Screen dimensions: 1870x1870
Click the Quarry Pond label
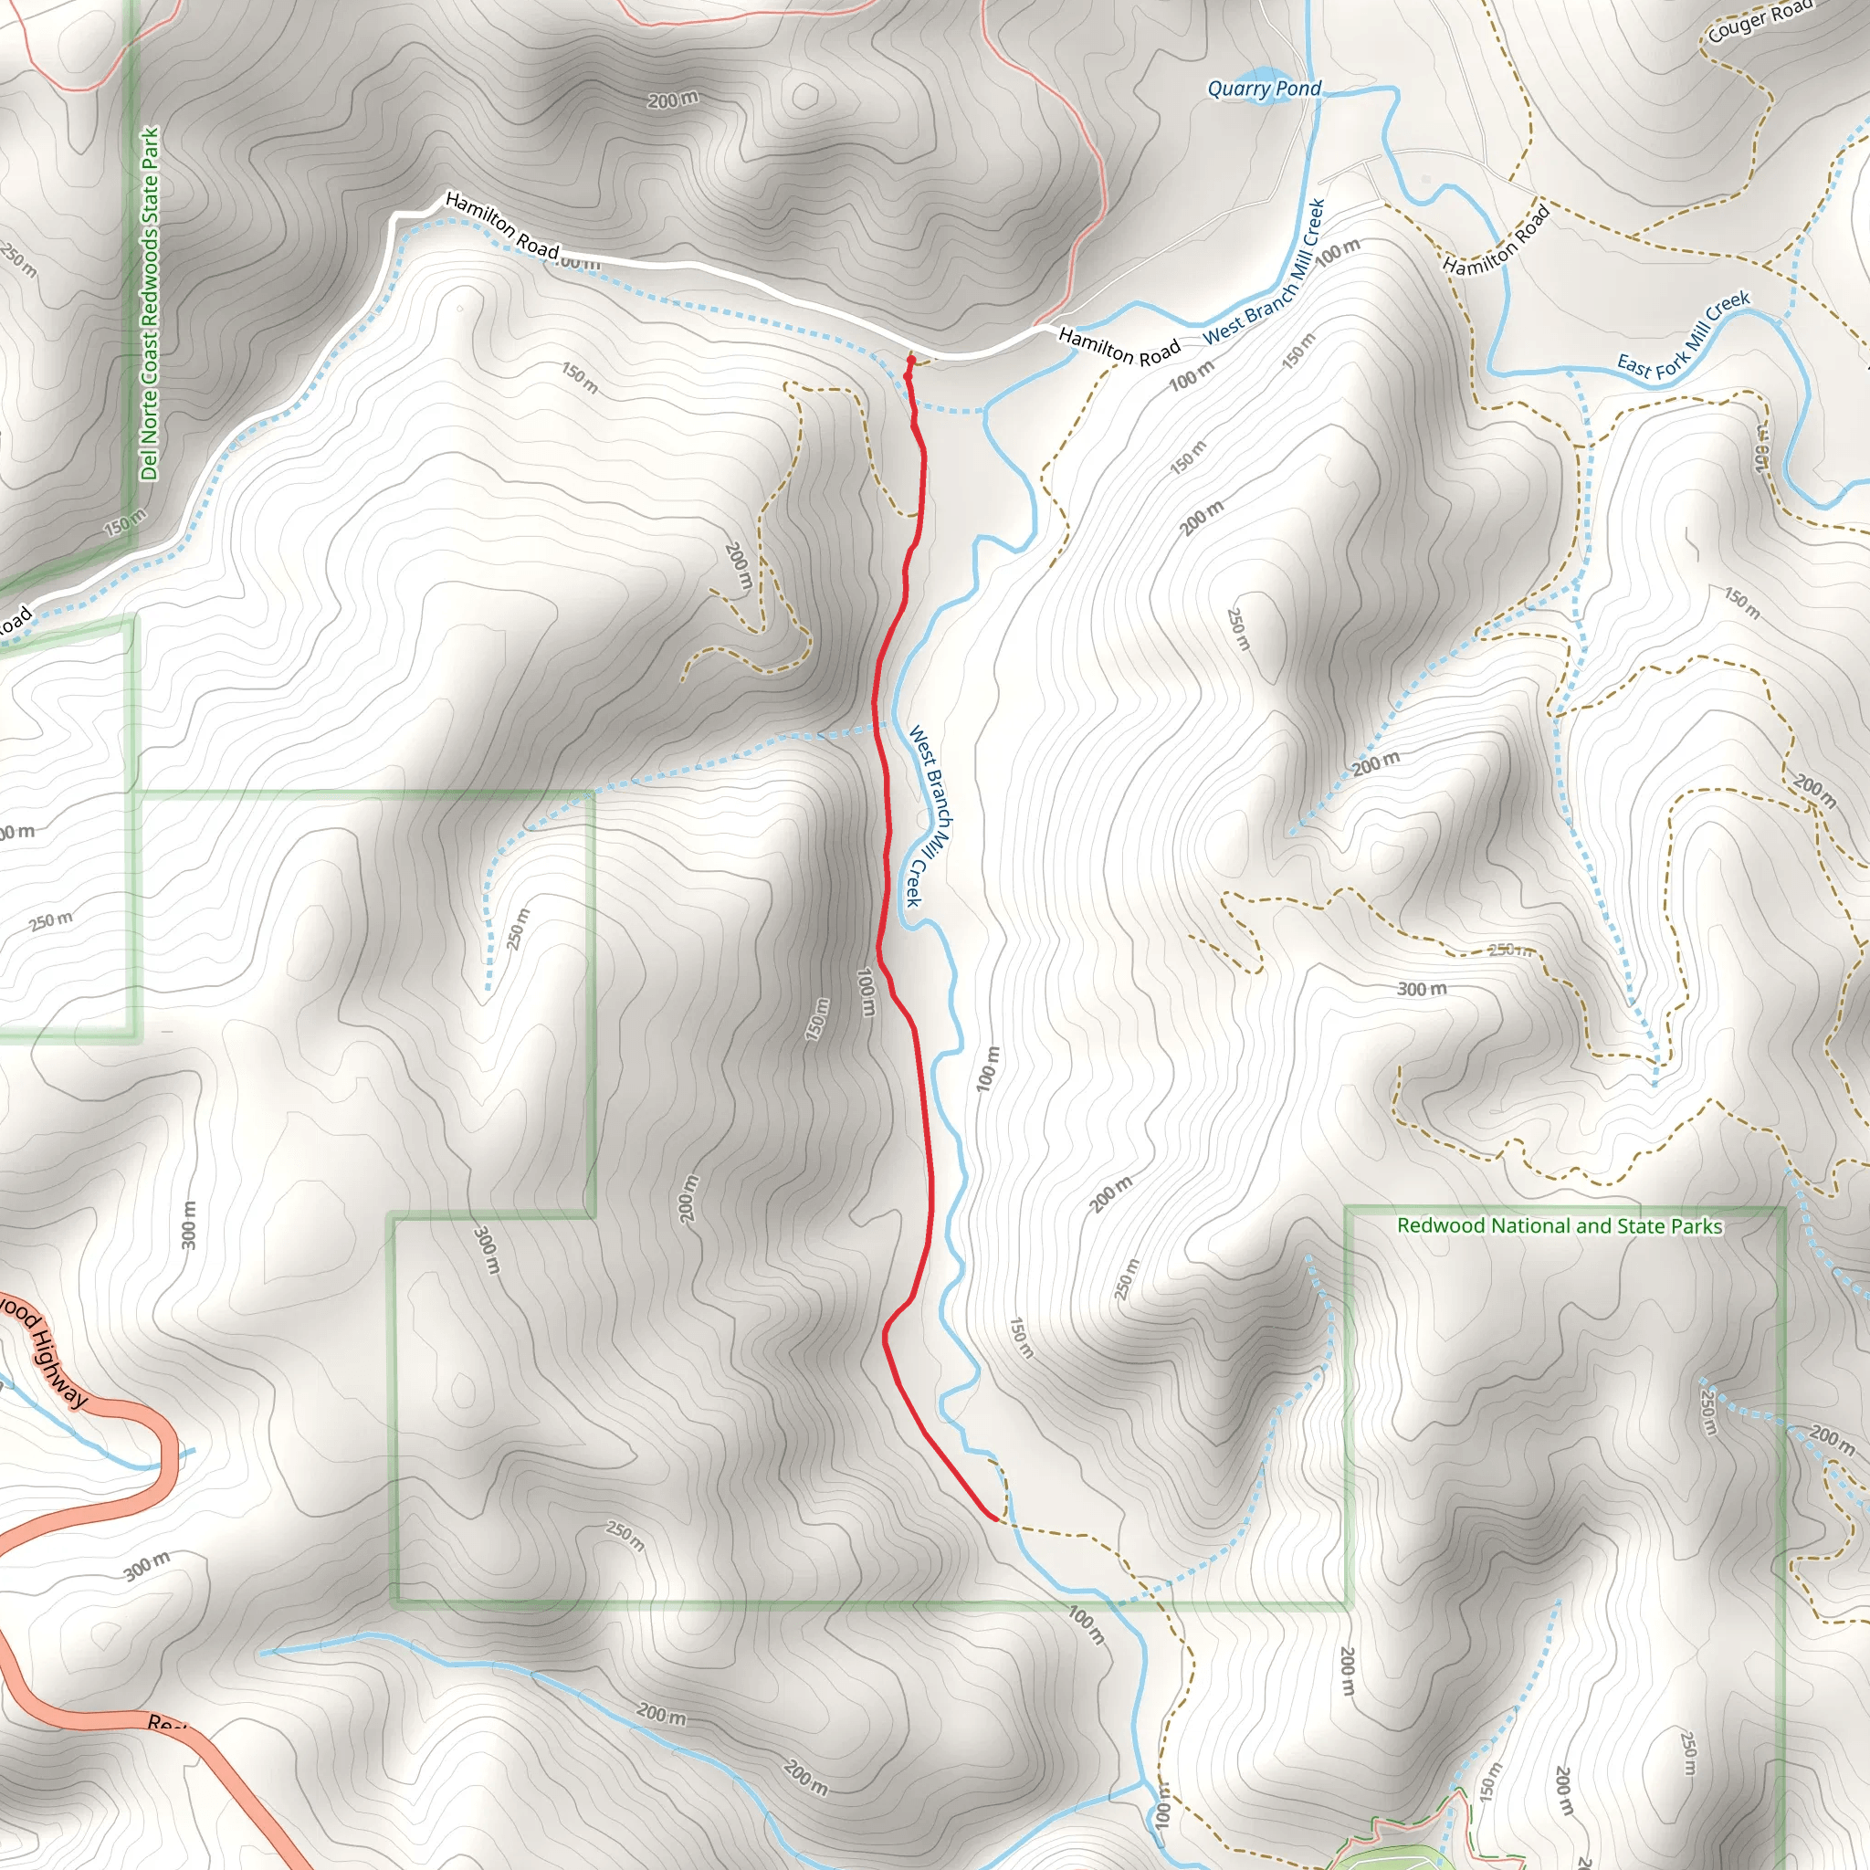point(1263,89)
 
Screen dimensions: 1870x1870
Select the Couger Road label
point(1759,21)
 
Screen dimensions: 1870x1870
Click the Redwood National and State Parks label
point(1560,1226)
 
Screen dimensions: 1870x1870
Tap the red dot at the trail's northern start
point(910,360)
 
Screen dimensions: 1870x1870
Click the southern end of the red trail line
point(995,1518)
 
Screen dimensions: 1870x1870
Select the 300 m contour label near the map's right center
point(1421,989)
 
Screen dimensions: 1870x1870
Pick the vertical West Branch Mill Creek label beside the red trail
point(930,816)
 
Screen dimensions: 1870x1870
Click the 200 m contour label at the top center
point(672,100)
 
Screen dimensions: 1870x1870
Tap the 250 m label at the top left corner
point(19,259)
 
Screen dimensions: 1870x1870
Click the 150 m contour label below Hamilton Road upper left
point(580,377)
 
